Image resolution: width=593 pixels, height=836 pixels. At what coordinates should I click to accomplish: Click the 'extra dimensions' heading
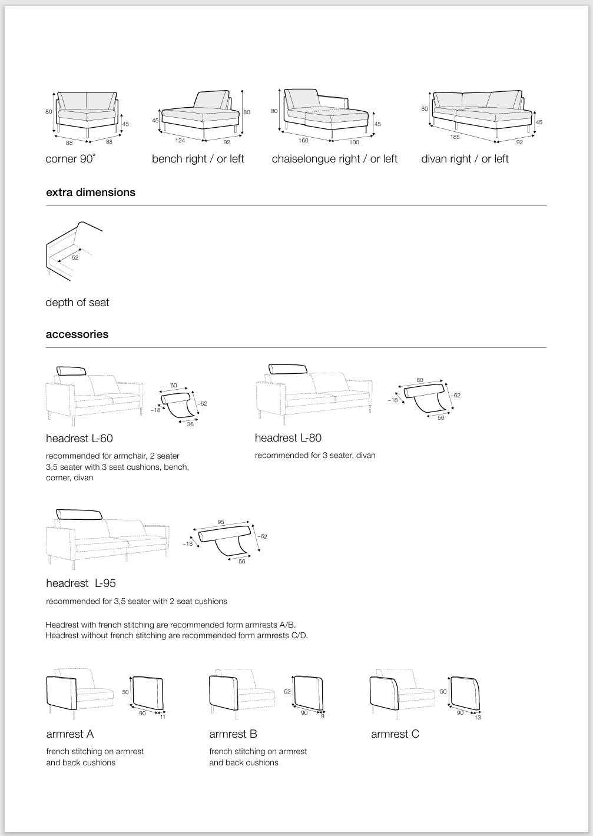tap(91, 193)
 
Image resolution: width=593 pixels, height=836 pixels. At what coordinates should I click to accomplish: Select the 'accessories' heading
tap(77, 334)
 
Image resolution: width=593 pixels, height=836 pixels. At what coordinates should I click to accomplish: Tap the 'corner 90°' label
tap(70, 159)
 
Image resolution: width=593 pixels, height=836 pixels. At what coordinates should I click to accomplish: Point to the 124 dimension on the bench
tap(180, 140)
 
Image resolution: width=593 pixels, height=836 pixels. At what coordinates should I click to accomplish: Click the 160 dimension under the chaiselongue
tap(303, 141)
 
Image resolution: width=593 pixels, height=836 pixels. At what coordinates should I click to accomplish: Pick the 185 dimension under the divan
tap(455, 137)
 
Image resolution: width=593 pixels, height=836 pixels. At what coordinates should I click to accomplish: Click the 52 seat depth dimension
tap(75, 257)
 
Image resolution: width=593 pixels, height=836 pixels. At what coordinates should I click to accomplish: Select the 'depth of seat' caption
tap(77, 303)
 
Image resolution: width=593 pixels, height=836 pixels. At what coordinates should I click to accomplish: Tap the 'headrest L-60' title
tap(79, 439)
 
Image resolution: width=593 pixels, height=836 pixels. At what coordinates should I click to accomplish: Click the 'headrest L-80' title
tap(288, 438)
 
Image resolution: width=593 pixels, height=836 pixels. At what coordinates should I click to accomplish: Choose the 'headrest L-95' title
tap(81, 583)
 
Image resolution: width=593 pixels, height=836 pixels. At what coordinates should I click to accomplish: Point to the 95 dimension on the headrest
tap(221, 522)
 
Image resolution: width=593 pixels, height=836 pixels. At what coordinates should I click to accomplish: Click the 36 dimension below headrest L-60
tap(190, 424)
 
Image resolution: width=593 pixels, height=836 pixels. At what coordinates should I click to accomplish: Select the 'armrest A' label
tap(70, 734)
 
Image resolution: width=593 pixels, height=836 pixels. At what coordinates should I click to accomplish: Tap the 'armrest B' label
tap(233, 734)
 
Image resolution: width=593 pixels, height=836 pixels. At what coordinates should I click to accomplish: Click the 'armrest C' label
tap(395, 734)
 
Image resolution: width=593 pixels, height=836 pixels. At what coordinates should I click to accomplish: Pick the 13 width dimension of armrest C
tap(478, 718)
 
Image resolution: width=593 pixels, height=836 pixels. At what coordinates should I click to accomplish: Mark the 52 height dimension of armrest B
tap(287, 692)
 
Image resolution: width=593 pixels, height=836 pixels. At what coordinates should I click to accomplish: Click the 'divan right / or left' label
tap(465, 159)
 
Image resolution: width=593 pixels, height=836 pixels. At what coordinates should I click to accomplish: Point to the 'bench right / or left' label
tap(198, 159)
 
